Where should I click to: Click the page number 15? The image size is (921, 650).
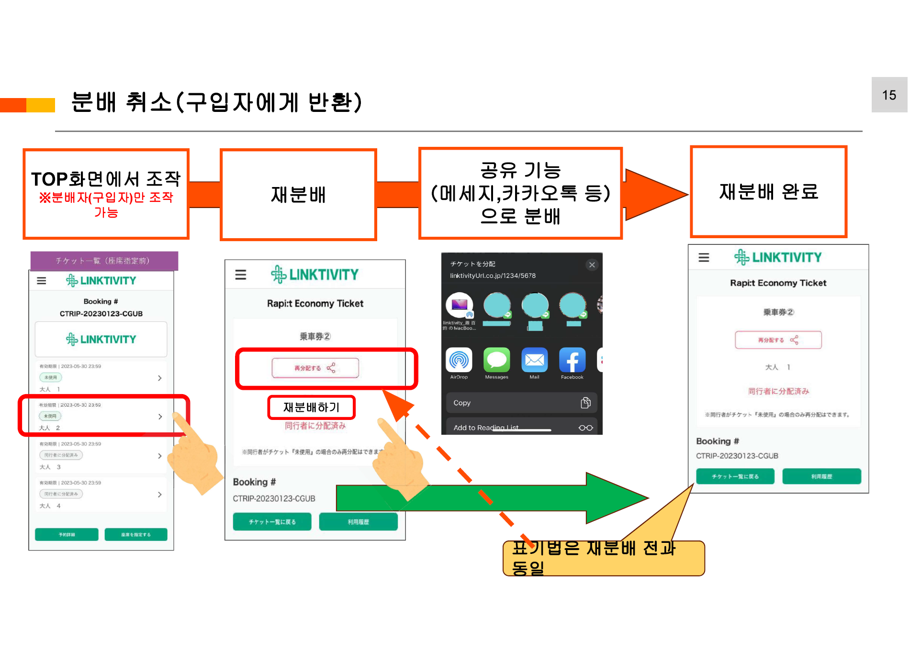pyautogui.click(x=888, y=95)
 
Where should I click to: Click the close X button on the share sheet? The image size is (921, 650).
pyautogui.click(x=592, y=265)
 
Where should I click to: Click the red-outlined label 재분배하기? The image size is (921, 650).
pyautogui.click(x=311, y=408)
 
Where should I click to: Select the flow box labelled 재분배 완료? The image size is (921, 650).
pyautogui.click(x=768, y=192)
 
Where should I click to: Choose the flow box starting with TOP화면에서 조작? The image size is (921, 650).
pyautogui.click(x=106, y=194)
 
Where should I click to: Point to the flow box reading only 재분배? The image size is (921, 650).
pyautogui.click(x=298, y=195)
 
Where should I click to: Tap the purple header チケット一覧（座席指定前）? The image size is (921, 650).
pyautogui.click(x=104, y=261)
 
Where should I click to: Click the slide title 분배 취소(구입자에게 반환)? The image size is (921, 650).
pyautogui.click(x=216, y=102)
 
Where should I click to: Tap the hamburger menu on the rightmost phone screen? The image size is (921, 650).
pyautogui.click(x=704, y=258)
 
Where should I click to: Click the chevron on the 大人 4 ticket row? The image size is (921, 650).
pyautogui.click(x=160, y=495)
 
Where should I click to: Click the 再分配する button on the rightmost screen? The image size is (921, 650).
pyautogui.click(x=778, y=340)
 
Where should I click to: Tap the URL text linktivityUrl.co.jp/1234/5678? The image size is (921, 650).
pyautogui.click(x=493, y=276)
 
